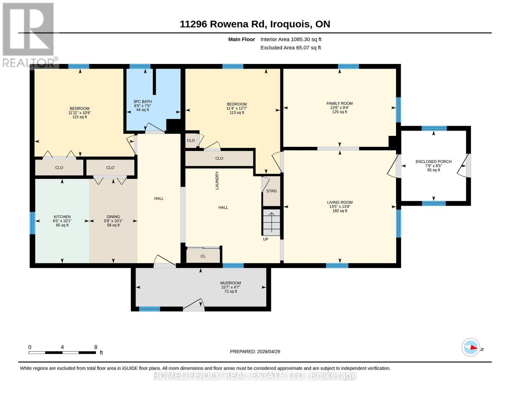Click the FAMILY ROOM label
(339, 103)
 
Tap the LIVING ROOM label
(340, 202)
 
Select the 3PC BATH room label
(143, 101)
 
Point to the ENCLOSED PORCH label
(433, 162)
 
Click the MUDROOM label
(231, 283)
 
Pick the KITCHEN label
(62, 217)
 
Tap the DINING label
(113, 217)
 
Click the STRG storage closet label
(272, 191)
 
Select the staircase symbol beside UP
(272, 222)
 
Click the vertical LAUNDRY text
(217, 180)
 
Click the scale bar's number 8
(96, 347)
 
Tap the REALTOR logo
(29, 35)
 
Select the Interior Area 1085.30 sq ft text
(291, 39)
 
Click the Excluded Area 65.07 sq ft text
(291, 48)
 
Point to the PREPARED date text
(255, 352)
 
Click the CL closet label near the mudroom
(203, 256)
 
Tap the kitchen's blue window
(33, 223)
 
